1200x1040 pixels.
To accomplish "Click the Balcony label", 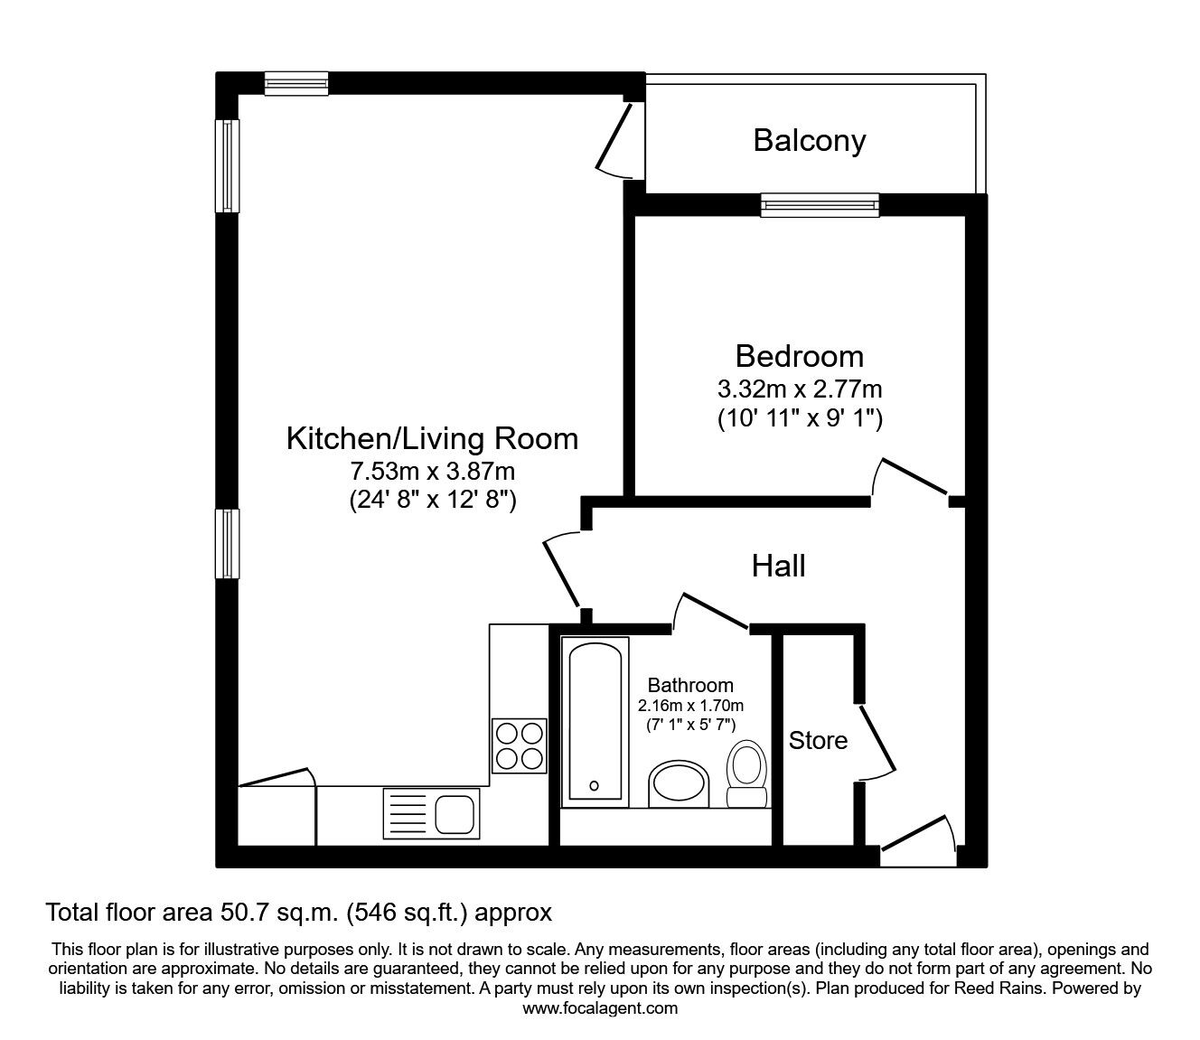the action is click(x=810, y=141).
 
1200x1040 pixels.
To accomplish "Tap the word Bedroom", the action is click(x=800, y=356).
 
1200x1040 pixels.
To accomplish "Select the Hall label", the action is click(x=779, y=567).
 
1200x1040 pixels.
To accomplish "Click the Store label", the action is click(x=818, y=740).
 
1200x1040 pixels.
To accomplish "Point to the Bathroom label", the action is click(x=690, y=685).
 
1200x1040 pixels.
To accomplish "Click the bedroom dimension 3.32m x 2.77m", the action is click(x=800, y=389).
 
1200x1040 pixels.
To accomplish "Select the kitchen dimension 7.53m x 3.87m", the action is click(x=433, y=471).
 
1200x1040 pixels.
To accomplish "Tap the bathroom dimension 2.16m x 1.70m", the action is click(x=690, y=706).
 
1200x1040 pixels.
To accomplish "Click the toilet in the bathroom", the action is click(x=746, y=773).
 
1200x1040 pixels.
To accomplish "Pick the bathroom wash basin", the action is click(x=679, y=784).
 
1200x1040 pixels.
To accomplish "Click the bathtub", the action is click(x=595, y=722).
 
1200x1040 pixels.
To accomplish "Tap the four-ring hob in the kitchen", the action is click(x=520, y=746).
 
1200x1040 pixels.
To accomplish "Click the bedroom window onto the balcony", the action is click(x=820, y=205).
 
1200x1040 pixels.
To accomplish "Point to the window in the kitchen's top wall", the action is click(x=296, y=84).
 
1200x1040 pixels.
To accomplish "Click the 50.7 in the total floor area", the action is click(x=245, y=913).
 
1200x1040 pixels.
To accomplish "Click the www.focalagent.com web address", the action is click(x=600, y=1008).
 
